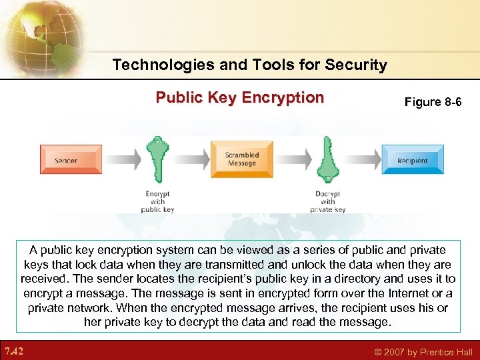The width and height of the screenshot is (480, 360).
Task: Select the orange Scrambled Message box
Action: [x=241, y=159]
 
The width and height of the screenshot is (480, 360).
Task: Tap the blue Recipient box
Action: [x=412, y=160]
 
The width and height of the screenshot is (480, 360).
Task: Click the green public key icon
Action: [x=157, y=160]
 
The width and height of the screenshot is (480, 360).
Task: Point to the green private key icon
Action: [x=327, y=160]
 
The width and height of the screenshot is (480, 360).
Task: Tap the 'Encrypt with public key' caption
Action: [x=158, y=201]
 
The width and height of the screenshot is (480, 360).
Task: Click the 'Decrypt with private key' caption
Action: [x=327, y=201]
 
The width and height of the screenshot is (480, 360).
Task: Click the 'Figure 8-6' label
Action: [x=433, y=102]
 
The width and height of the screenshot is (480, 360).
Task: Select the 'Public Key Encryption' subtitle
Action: [x=239, y=98]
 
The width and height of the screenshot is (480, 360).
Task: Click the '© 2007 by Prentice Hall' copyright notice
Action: [x=423, y=352]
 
